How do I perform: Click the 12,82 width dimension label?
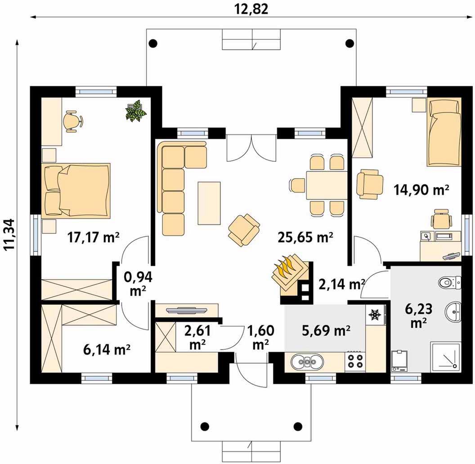pos(251,9)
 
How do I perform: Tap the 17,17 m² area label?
pos(93,237)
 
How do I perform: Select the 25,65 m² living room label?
pos(305,237)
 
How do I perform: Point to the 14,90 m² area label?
pos(421,190)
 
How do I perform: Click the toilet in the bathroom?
pos(449,282)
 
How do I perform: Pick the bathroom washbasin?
pos(453,312)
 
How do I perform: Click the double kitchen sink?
pos(308,361)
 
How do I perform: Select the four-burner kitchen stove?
pos(355,361)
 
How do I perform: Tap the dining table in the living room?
pos(327,185)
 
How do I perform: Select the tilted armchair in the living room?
pos(244,229)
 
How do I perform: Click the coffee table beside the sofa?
pos(209,203)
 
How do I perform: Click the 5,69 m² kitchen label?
pos(326,330)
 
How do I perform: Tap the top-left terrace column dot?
pos(153,43)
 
